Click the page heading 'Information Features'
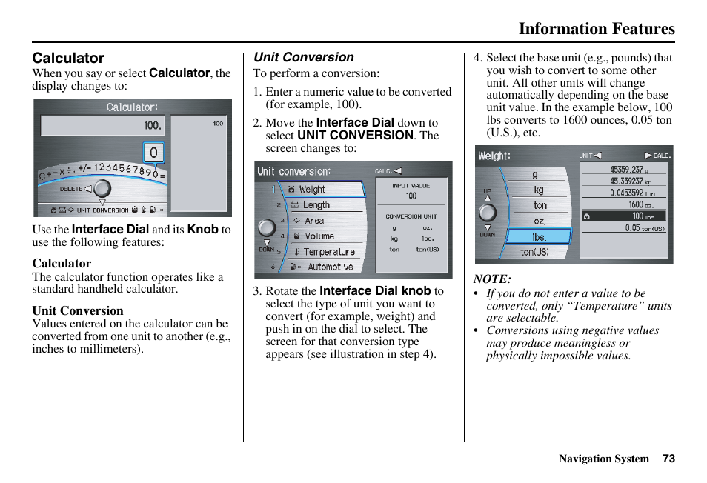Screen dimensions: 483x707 596,29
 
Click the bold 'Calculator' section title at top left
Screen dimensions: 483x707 68,58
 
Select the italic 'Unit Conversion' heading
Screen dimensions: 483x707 304,57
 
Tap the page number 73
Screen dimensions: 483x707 668,459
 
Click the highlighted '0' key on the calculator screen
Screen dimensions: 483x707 153,153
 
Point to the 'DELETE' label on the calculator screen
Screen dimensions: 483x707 70,189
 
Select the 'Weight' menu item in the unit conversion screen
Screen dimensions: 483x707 312,190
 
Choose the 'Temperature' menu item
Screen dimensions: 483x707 329,252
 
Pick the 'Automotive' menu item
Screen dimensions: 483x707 330,267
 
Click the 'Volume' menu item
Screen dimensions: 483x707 319,236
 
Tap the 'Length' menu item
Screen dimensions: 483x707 316,205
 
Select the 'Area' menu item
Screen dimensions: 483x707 314,221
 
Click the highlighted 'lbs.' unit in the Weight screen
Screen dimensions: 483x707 539,237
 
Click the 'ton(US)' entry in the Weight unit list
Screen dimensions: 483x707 534,253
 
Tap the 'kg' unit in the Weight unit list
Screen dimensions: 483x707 539,190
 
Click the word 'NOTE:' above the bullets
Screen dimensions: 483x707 492,279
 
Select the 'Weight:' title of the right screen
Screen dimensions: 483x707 494,156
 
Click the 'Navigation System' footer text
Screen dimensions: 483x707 603,459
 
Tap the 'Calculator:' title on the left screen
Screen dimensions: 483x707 132,107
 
